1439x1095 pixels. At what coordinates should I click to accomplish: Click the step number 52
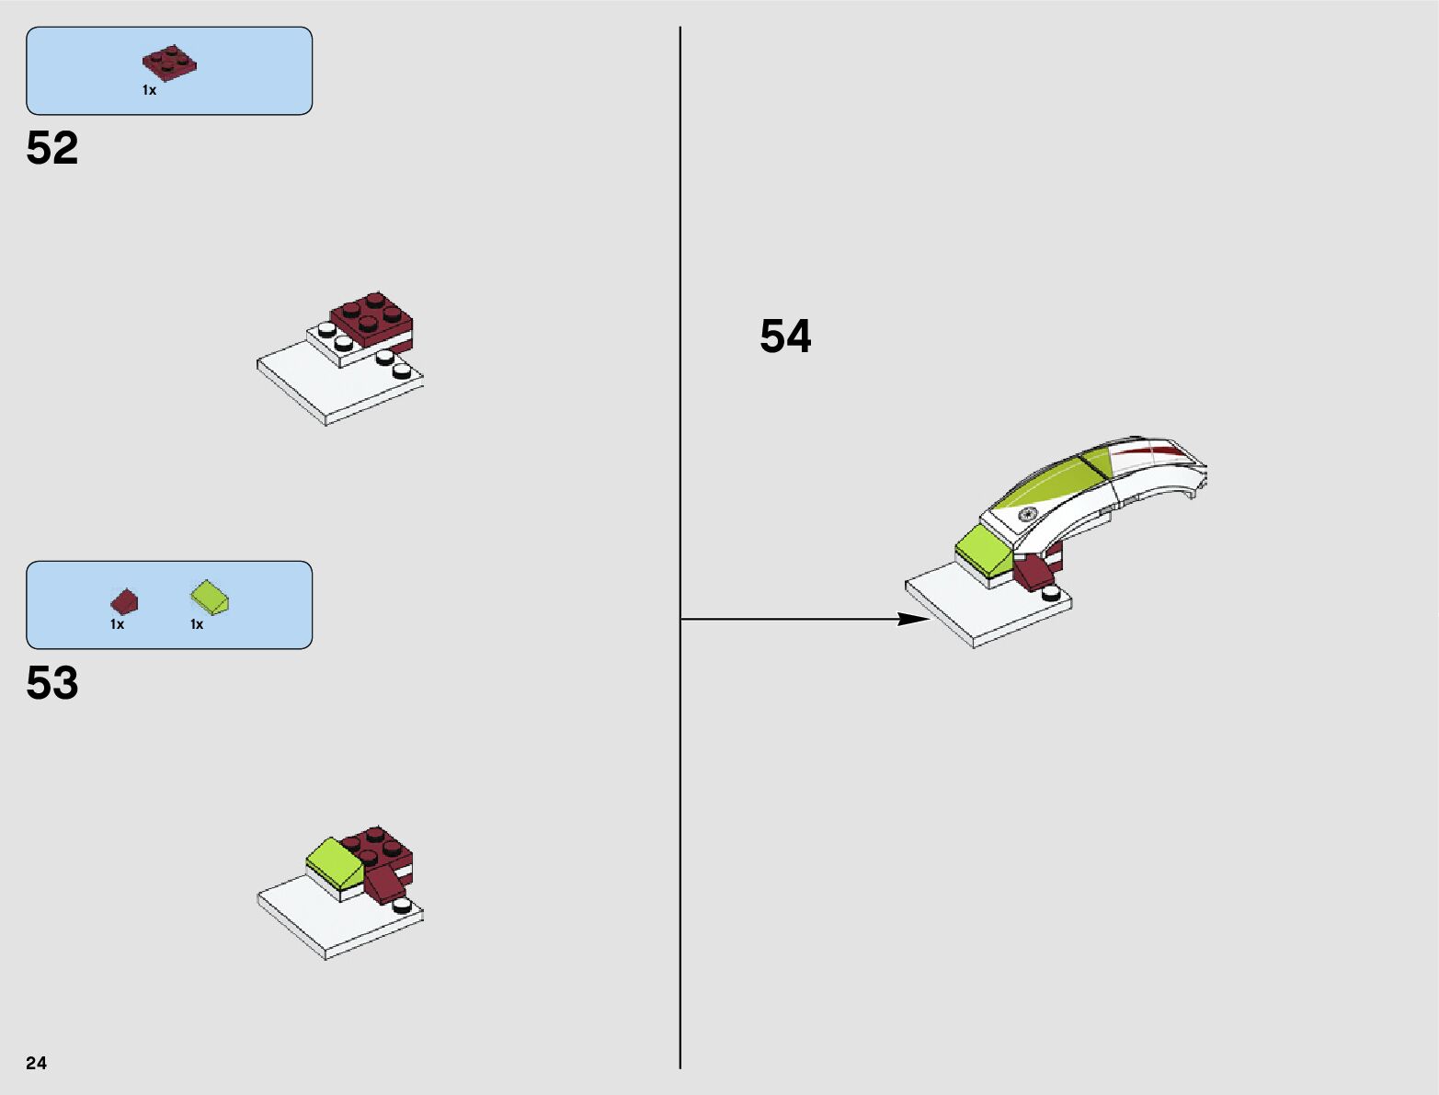point(52,148)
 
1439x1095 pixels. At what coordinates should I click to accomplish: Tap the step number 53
point(52,683)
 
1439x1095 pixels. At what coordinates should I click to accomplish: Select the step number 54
point(785,336)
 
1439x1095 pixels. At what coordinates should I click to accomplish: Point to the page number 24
point(36,1063)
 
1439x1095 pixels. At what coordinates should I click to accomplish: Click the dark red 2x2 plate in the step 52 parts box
point(169,62)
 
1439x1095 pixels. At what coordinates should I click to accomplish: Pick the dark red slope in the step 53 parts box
point(124,601)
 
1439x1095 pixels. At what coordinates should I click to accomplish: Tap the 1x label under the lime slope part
point(197,624)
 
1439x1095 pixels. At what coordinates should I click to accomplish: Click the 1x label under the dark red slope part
point(117,624)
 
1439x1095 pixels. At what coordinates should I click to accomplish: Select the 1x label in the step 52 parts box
point(149,90)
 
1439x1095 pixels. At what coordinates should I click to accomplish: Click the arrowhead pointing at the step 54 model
point(914,619)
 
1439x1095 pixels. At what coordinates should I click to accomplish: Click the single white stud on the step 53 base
point(402,905)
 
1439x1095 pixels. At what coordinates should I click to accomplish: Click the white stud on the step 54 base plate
point(1051,595)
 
